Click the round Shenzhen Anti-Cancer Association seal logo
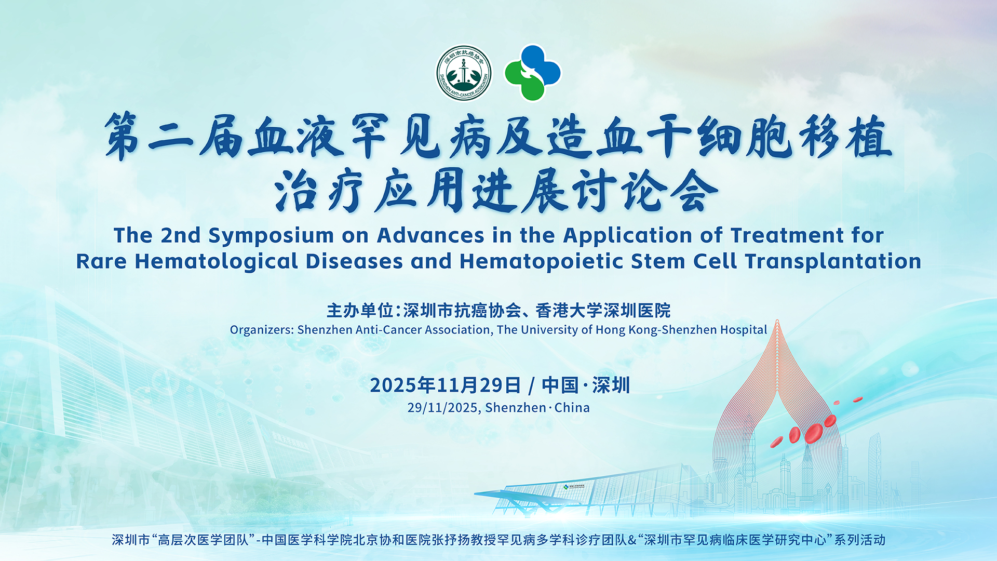464,73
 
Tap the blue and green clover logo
533,73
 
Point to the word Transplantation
833,261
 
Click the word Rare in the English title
101,261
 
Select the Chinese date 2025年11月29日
445,385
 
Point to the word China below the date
572,408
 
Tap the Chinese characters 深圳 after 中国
611,385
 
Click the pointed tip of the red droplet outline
777,321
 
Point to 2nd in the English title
181,236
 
